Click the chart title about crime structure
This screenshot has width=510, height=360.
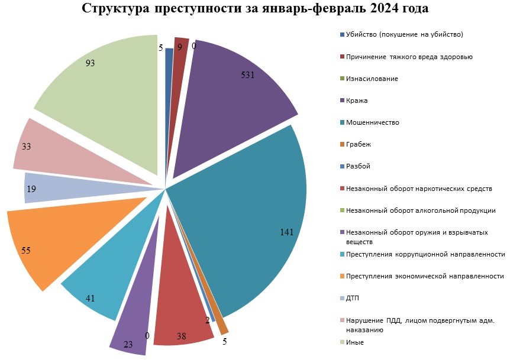pos(255,9)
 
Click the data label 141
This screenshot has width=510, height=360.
pos(286,232)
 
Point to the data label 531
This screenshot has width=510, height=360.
pos(248,75)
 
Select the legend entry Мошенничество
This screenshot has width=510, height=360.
pos(372,122)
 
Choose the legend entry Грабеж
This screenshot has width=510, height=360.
pos(359,144)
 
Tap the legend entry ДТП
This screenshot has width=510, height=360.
pos(353,298)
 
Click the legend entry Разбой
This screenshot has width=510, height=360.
pos(358,166)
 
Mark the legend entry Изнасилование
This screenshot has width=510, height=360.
pos(372,79)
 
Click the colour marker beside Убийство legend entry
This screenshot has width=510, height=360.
pos(342,35)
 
